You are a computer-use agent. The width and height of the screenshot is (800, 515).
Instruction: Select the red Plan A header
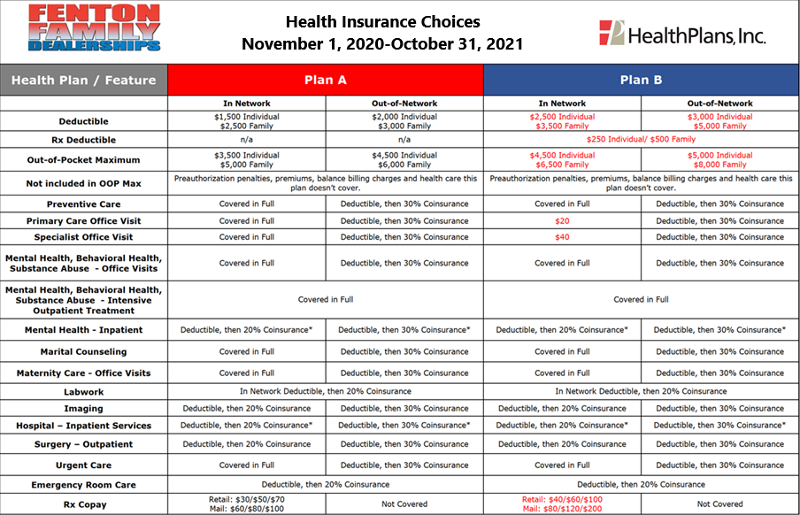click(x=326, y=80)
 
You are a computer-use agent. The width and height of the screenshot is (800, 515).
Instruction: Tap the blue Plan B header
click(x=641, y=80)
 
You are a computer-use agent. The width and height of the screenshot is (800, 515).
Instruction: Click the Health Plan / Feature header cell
click(x=84, y=80)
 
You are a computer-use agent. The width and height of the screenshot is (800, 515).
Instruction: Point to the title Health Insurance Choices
click(x=383, y=21)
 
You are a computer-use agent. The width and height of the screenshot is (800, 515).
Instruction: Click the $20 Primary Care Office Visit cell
click(x=562, y=220)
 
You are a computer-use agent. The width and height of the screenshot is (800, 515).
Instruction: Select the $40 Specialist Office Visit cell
click(x=562, y=237)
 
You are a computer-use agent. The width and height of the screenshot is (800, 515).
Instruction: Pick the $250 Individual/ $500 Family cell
click(x=641, y=139)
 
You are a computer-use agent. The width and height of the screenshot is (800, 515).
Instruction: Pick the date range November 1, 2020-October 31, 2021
click(x=383, y=43)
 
